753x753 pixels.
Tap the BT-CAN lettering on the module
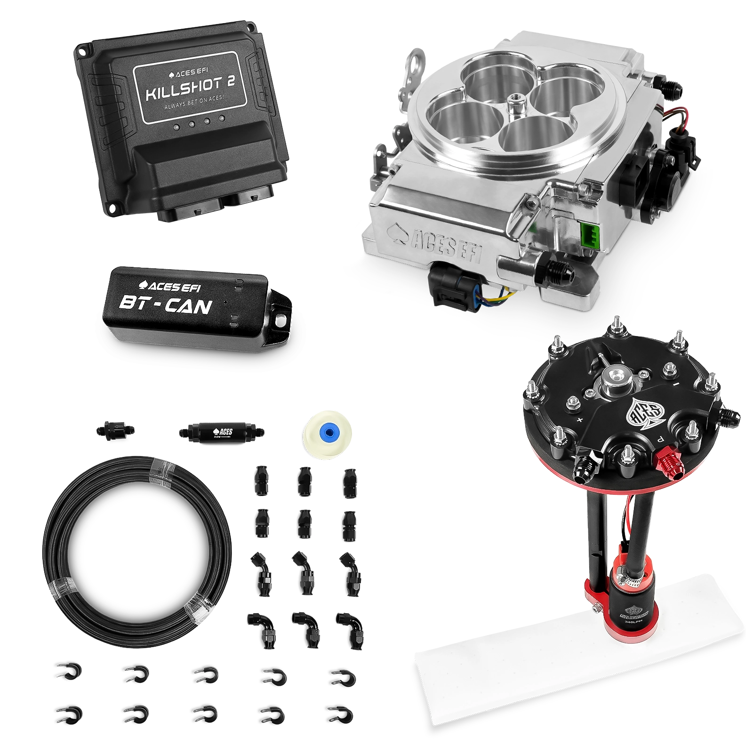(165, 306)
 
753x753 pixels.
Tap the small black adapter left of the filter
(114, 429)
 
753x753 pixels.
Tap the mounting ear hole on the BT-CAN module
(281, 321)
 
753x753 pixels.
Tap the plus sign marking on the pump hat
(579, 419)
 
